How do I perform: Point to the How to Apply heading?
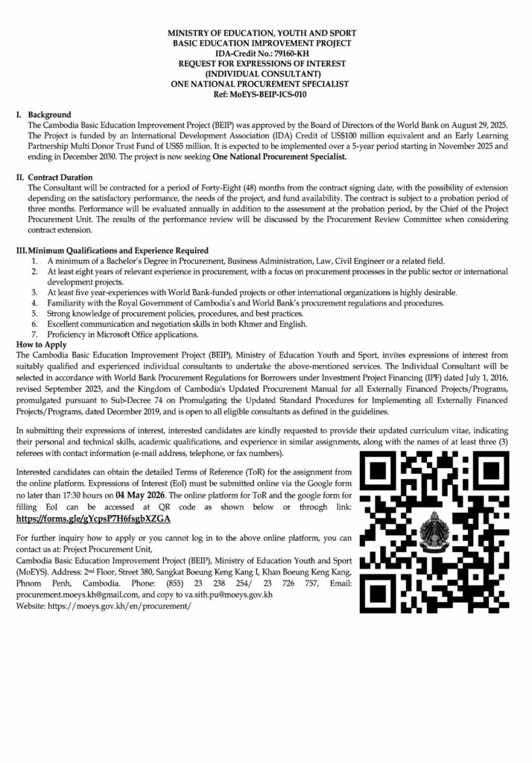[x=43, y=345]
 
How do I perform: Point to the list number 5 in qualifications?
[x=34, y=314]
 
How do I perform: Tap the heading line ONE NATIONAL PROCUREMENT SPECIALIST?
[x=265, y=85]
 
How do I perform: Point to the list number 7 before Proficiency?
[x=34, y=335]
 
